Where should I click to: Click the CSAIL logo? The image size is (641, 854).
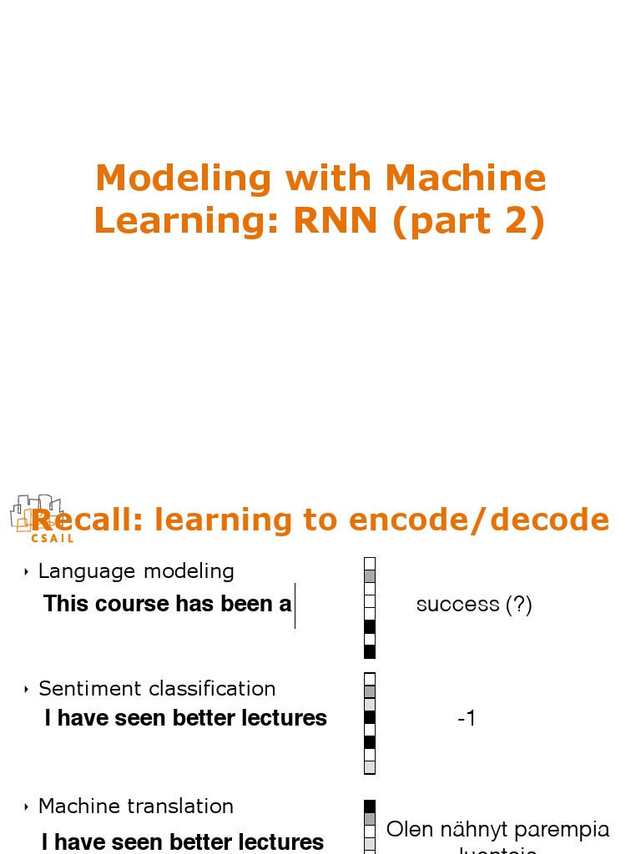[x=40, y=519]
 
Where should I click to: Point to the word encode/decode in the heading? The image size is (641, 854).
[x=479, y=520]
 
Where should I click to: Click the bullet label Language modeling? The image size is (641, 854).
[x=136, y=571]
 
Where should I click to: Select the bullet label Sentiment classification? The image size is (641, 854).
[x=157, y=689]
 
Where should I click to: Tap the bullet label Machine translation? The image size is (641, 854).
[x=136, y=806]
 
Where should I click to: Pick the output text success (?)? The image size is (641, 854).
[x=474, y=605]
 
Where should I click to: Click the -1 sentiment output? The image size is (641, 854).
[x=467, y=718]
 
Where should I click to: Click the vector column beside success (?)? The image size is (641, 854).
[x=370, y=608]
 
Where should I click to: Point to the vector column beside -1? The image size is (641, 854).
[x=370, y=723]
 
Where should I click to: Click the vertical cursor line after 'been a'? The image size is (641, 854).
[x=295, y=605]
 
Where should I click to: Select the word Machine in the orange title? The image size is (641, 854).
[x=466, y=178]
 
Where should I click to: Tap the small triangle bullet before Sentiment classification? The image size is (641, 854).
[x=27, y=690]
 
